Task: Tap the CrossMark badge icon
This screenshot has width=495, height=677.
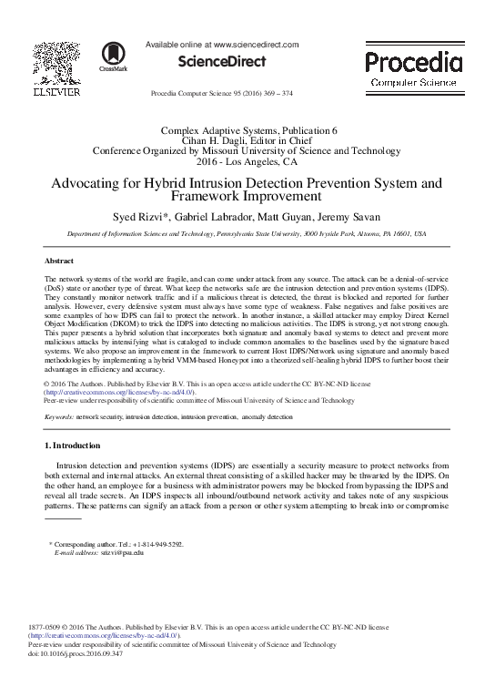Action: [113, 57]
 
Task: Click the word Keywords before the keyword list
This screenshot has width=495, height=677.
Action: [59, 415]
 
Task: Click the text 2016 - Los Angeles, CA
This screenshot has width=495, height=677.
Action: [247, 162]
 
